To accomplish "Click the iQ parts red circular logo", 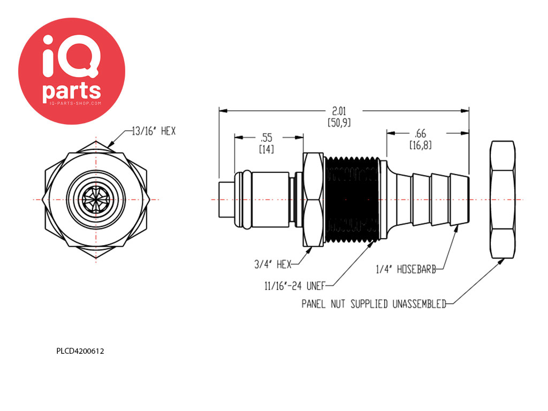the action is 72,71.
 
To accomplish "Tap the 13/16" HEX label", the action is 154,132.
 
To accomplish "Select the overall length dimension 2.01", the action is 339,111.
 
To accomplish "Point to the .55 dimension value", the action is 267,138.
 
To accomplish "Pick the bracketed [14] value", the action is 267,150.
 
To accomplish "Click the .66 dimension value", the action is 421,133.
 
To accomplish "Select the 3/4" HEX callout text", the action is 273,264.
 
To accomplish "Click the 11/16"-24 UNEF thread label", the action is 295,286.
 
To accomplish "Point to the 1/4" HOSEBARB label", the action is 406,269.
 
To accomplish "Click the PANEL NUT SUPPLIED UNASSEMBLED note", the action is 374,304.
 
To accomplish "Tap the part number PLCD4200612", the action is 80,351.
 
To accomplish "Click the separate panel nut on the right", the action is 503,200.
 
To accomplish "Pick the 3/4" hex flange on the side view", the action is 313,200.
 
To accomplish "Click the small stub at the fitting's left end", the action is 226,200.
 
